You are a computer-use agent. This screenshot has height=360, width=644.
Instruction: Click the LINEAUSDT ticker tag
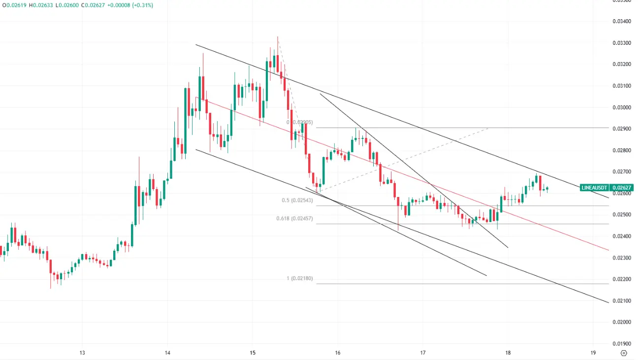pos(595,188)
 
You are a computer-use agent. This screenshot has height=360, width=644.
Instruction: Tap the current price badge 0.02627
pos(622,188)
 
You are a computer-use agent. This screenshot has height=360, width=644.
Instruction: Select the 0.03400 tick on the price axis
pos(622,21)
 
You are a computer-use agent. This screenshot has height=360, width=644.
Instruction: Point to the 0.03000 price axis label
pos(622,107)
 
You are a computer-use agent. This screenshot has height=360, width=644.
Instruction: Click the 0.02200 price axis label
pos(622,279)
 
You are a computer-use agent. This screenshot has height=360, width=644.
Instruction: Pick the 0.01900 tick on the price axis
pos(622,343)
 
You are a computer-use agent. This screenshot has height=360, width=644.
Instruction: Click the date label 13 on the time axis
pos(82,353)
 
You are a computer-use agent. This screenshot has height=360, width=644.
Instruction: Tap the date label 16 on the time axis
pos(338,353)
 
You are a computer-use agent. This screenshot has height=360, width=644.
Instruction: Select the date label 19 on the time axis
pos(593,353)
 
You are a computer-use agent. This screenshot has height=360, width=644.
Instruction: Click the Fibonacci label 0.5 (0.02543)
pos(297,200)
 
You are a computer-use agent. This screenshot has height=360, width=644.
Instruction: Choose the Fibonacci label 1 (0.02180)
pos(299,279)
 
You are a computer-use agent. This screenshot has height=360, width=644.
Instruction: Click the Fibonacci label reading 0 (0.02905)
pos(299,122)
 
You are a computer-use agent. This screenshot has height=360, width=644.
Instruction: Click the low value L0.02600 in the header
pos(68,5)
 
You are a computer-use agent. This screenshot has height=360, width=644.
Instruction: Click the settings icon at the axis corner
pos(624,353)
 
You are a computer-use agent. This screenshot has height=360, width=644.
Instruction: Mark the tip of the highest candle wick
pos(278,36)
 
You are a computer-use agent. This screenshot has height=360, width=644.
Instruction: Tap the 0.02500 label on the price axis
pos(622,215)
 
